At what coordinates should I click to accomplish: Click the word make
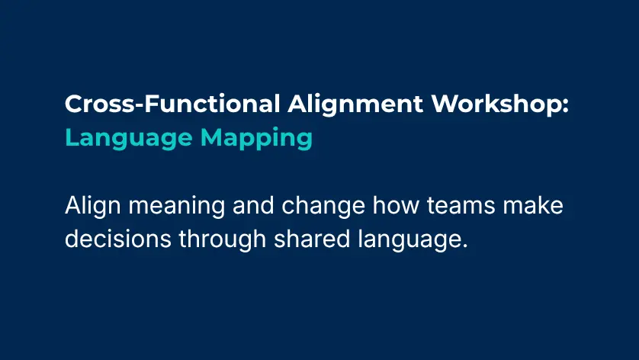(538, 207)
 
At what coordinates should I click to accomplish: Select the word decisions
(119, 239)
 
